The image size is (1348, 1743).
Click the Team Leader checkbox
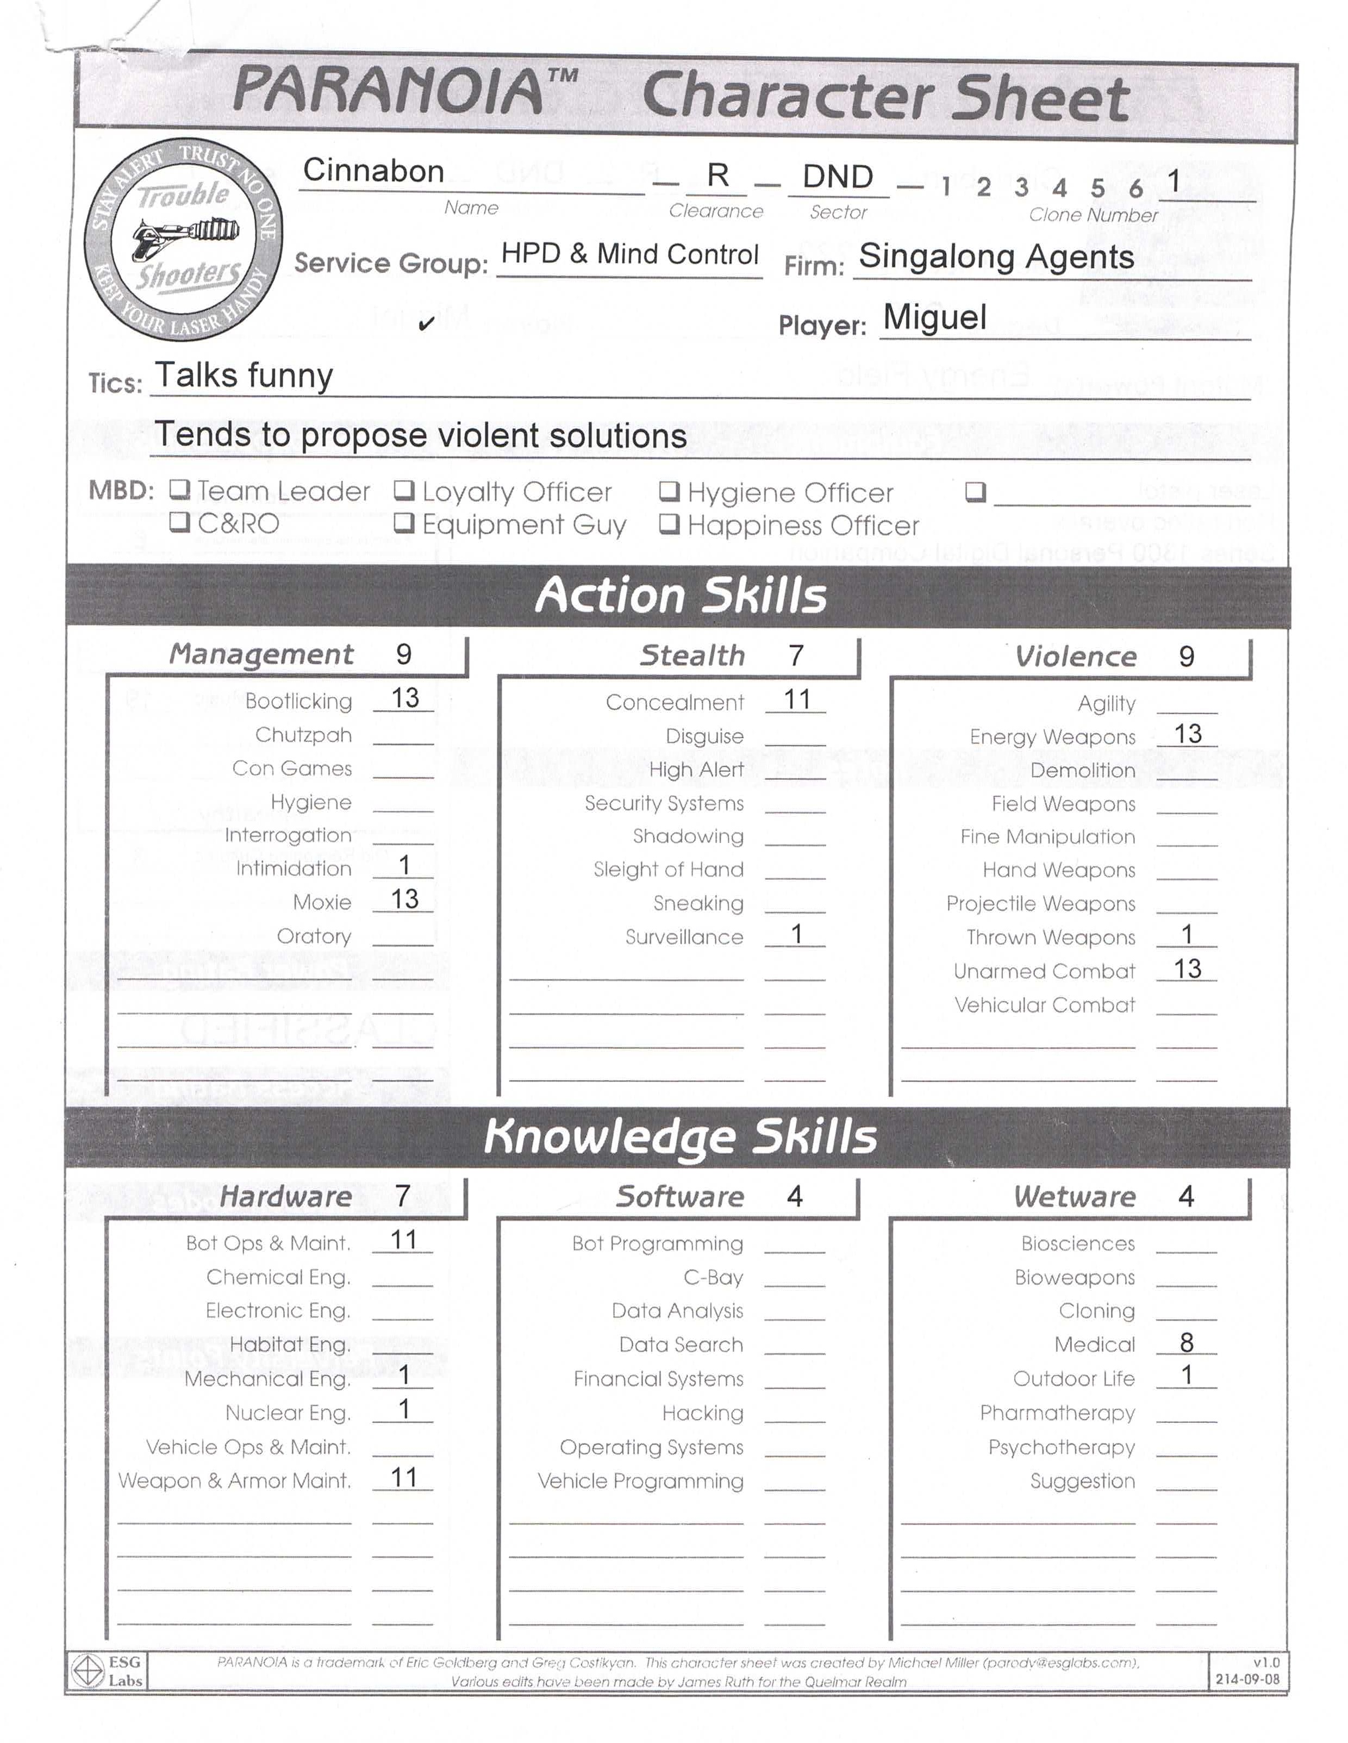click(179, 490)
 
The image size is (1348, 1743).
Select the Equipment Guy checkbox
click(404, 523)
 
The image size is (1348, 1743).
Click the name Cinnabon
click(373, 171)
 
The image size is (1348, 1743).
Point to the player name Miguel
click(934, 317)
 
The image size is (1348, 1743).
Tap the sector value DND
click(837, 177)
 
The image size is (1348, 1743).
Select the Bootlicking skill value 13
click(404, 698)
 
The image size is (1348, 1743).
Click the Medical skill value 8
click(1186, 1342)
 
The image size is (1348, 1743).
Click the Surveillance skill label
click(684, 937)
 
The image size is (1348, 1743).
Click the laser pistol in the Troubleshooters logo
click(185, 235)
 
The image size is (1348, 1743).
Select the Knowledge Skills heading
click(680, 1136)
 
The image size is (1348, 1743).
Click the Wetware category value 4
click(1186, 1196)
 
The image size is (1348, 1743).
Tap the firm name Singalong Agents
click(996, 257)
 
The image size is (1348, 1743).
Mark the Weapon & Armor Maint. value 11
click(404, 1477)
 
